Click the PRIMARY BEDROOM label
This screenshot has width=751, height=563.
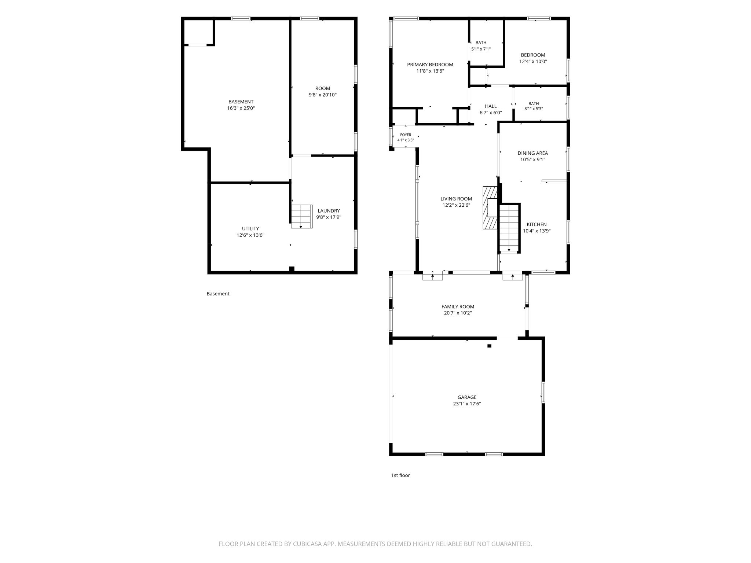click(430, 65)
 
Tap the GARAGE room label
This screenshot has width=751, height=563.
click(467, 397)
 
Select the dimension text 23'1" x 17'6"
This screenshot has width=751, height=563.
click(467, 404)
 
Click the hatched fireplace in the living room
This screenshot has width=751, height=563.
click(490, 208)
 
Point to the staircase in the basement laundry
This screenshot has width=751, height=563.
click(302, 217)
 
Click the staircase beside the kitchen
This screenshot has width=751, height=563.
click(509, 228)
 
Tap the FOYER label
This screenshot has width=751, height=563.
click(406, 135)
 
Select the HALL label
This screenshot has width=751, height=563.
click(491, 106)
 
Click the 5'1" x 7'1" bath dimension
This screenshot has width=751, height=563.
click(481, 49)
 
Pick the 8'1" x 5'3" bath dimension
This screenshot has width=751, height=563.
click(534, 109)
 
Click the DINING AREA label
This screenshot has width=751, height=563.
click(533, 153)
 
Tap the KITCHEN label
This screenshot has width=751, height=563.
click(536, 225)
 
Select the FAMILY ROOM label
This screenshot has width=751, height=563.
click(458, 307)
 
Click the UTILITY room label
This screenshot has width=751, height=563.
click(250, 229)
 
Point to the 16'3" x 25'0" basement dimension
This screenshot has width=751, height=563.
click(241, 108)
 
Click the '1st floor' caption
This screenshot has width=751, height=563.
click(400, 475)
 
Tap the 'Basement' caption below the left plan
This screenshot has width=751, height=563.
click(218, 294)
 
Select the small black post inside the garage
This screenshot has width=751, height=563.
click(489, 346)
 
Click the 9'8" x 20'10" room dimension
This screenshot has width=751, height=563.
click(323, 95)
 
